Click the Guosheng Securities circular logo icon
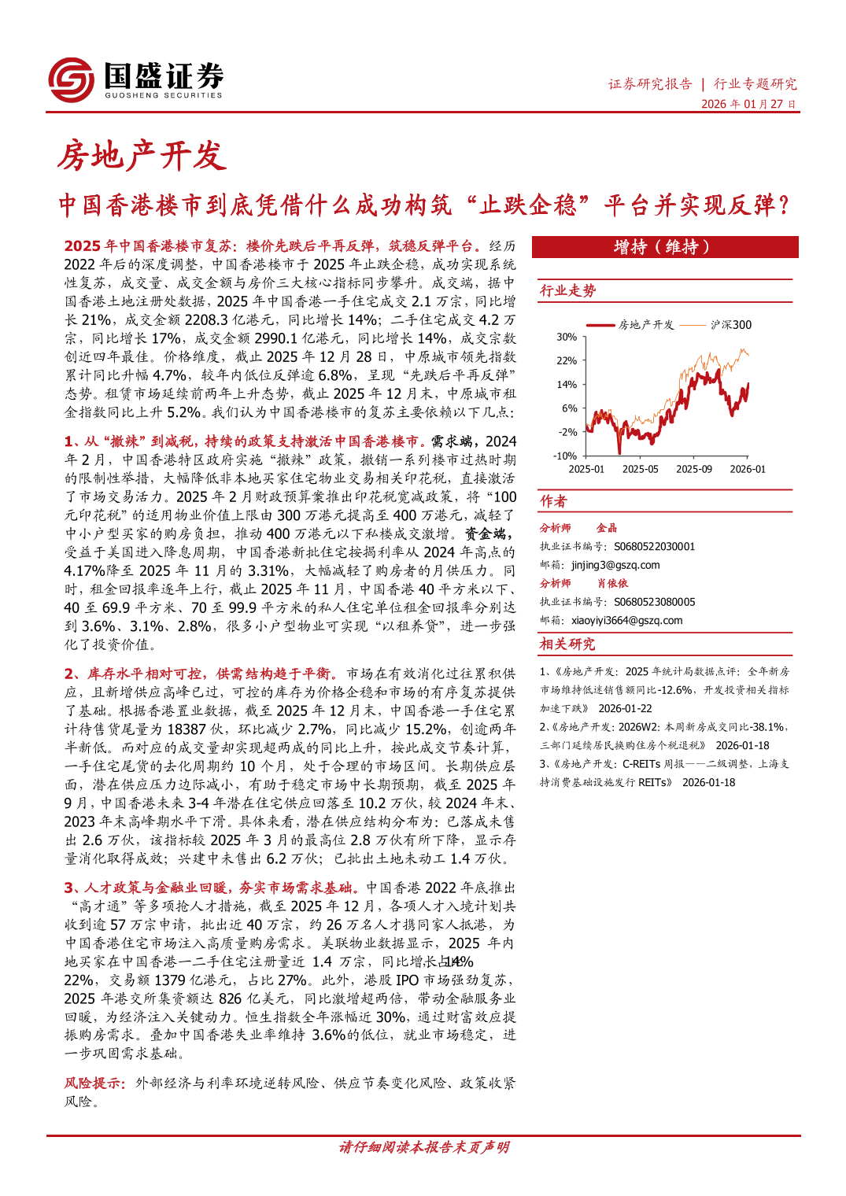(x=72, y=80)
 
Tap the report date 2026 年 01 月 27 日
(x=748, y=104)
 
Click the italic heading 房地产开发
(x=142, y=156)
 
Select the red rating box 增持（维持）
(x=665, y=247)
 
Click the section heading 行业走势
(x=567, y=291)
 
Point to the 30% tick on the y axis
(x=567, y=337)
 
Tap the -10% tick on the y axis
(x=565, y=456)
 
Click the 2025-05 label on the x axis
(x=640, y=469)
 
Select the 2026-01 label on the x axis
(x=747, y=469)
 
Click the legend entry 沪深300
(x=730, y=324)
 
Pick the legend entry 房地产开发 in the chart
(x=646, y=324)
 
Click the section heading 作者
(x=553, y=501)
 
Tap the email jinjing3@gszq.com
(x=615, y=565)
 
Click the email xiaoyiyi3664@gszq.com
(x=626, y=620)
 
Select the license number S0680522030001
(x=654, y=547)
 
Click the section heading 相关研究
(x=567, y=644)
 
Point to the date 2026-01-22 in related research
(x=625, y=708)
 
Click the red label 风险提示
(x=94, y=1083)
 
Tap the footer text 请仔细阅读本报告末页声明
(x=423, y=1147)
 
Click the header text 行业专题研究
(x=755, y=84)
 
